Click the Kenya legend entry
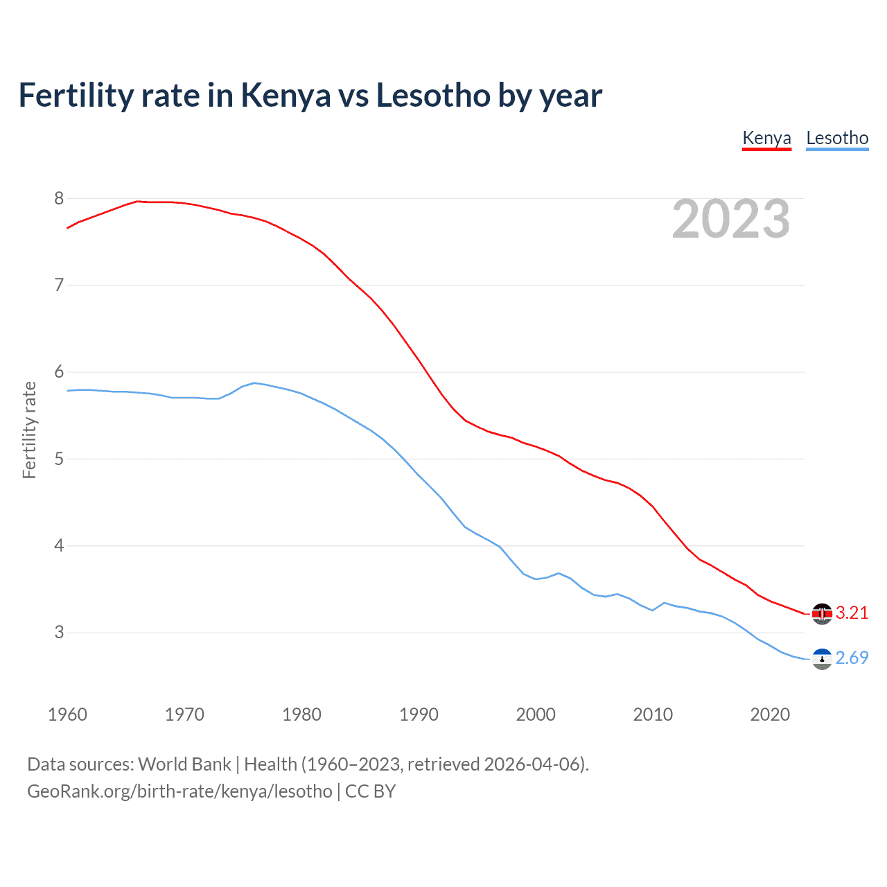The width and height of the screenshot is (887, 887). click(766, 138)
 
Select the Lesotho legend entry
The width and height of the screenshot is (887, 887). click(837, 138)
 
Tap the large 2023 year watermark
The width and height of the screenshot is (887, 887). click(730, 219)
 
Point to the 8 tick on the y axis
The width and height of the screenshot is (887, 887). click(59, 199)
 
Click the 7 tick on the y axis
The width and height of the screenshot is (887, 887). click(59, 286)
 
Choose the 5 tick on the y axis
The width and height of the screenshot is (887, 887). click(59, 459)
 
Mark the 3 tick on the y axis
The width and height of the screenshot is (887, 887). click(59, 633)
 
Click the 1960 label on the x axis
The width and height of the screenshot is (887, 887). click(67, 714)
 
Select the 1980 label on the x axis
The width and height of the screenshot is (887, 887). click(301, 714)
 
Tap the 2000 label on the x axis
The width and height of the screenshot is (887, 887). click(536, 714)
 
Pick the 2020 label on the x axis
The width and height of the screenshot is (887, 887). click(770, 714)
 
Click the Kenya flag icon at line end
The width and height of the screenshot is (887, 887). click(822, 614)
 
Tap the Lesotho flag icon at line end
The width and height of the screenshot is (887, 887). click(822, 659)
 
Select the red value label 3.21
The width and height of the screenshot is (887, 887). click(852, 613)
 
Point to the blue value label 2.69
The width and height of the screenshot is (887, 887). click(852, 658)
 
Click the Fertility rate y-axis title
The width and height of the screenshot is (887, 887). click(29, 430)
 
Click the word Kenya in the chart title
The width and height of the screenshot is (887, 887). click(286, 96)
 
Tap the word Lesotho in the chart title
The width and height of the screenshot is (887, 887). click(432, 96)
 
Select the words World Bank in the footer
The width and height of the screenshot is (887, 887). click(184, 764)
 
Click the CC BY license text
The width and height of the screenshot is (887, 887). click(370, 791)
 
